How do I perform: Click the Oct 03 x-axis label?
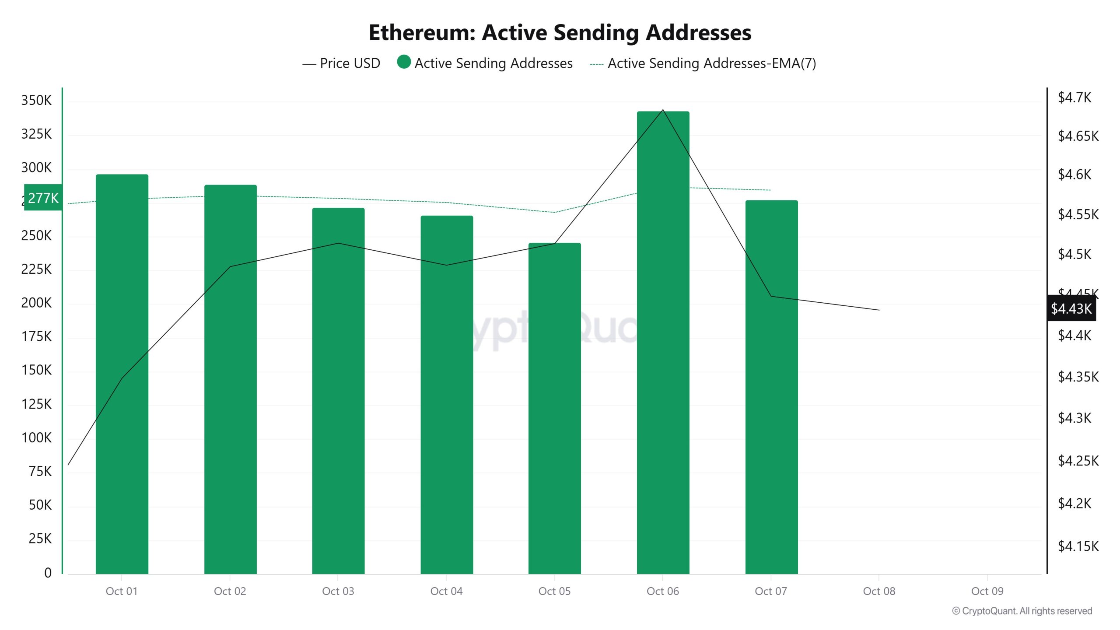pyautogui.click(x=338, y=591)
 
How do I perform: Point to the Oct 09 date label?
pyautogui.click(x=987, y=591)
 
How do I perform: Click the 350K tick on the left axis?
pyautogui.click(x=36, y=100)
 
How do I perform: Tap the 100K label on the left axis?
pyautogui.click(x=36, y=437)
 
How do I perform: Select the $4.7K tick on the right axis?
pyautogui.click(x=1074, y=97)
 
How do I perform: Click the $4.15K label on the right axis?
pyautogui.click(x=1078, y=546)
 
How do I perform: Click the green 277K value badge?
pyautogui.click(x=43, y=198)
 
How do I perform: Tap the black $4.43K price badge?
pyautogui.click(x=1071, y=308)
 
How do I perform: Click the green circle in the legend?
pyautogui.click(x=403, y=62)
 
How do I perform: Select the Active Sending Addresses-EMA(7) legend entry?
pyautogui.click(x=703, y=63)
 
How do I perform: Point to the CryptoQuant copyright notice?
pyautogui.click(x=1022, y=611)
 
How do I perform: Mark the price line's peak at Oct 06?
pyautogui.click(x=663, y=110)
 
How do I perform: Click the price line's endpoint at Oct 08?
pyautogui.click(x=879, y=310)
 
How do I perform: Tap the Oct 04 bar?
pyautogui.click(x=447, y=394)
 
